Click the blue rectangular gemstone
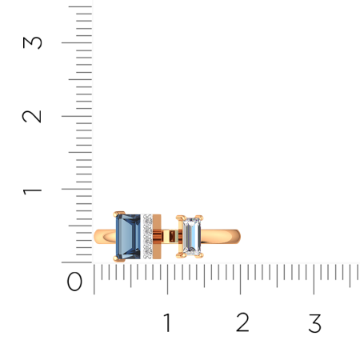click(128, 237)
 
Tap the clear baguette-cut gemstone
click(191, 236)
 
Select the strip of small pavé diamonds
click(147, 237)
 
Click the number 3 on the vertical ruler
click(32, 42)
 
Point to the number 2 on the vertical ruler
click(32, 117)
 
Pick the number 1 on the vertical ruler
click(32, 191)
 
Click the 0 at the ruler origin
click(74, 282)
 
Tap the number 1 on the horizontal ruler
click(167, 322)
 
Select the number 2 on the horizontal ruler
click(242, 322)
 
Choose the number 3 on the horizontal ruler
click(315, 322)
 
